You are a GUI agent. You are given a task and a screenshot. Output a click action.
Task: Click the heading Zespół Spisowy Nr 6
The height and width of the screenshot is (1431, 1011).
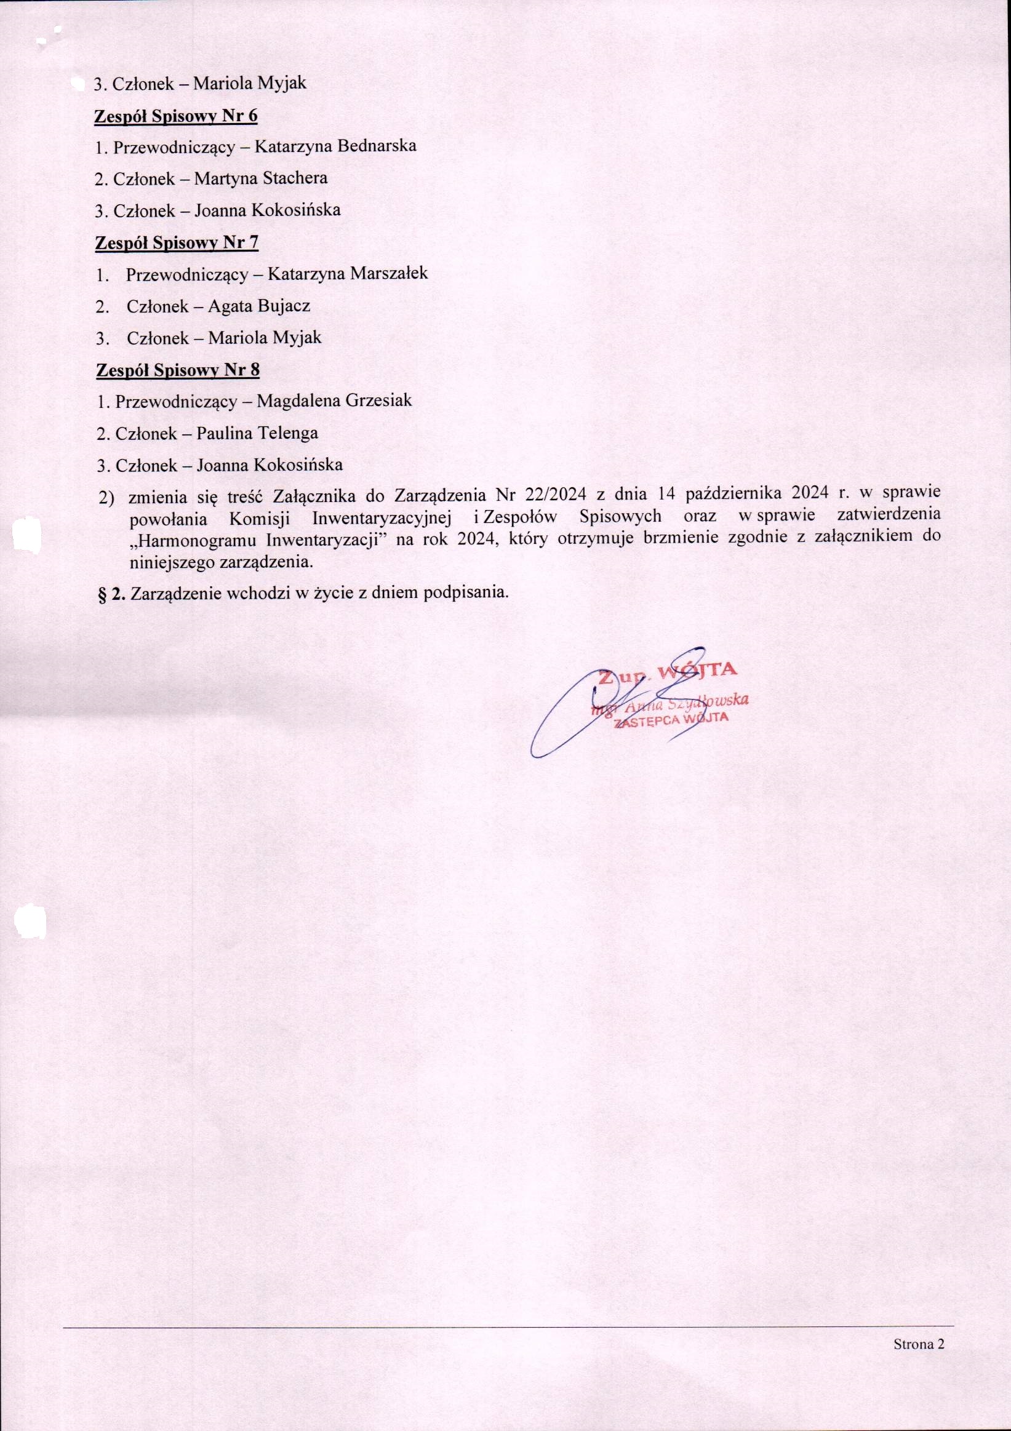pyautogui.click(x=176, y=116)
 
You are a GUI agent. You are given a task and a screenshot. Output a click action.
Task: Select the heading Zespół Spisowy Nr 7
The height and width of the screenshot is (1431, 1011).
pyautogui.click(x=177, y=242)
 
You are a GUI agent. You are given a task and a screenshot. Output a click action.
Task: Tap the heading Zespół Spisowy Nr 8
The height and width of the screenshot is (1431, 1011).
pyautogui.click(x=178, y=370)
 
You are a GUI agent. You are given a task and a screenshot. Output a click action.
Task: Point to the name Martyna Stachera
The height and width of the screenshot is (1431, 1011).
pyautogui.click(x=260, y=178)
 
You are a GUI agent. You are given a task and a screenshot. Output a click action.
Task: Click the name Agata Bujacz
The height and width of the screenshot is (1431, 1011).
pyautogui.click(x=258, y=306)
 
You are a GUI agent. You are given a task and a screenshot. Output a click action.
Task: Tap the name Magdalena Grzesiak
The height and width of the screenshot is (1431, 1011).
pyautogui.click(x=334, y=400)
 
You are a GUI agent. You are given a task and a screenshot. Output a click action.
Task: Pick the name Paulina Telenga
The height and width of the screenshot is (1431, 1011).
pyautogui.click(x=257, y=433)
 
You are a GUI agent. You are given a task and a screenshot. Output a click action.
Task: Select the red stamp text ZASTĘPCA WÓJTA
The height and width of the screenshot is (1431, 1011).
pyautogui.click(x=671, y=720)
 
